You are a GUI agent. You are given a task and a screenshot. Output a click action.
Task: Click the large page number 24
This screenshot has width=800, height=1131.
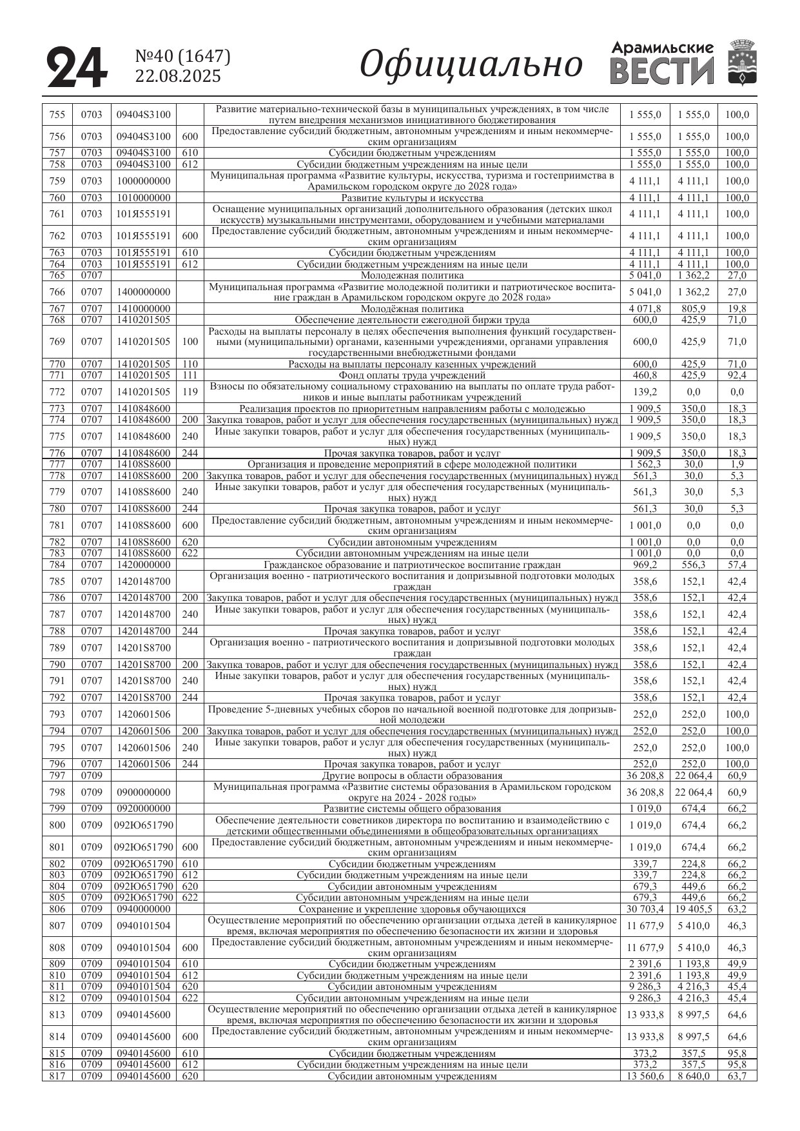click(77, 67)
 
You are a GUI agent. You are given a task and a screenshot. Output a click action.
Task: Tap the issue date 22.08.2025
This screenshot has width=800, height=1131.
click(178, 76)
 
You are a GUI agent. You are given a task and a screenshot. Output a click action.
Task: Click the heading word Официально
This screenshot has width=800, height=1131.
click(471, 65)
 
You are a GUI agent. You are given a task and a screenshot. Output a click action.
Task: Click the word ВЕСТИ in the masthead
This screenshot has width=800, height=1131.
click(661, 72)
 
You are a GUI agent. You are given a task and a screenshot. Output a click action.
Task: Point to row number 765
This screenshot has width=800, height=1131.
click(57, 275)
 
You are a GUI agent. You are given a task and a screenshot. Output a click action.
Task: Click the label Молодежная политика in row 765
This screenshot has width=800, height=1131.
click(412, 275)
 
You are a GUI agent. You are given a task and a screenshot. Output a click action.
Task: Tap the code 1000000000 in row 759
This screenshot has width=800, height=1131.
click(144, 181)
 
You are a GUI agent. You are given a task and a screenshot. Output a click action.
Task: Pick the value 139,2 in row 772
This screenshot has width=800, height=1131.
click(645, 392)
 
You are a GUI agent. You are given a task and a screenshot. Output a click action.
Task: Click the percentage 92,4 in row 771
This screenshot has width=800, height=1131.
click(736, 375)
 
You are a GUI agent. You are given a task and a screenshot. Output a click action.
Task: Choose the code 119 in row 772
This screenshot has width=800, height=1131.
click(190, 392)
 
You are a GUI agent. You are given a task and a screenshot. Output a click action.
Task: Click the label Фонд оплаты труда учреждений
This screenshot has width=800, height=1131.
click(412, 375)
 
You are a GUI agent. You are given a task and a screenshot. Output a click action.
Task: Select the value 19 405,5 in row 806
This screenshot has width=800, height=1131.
click(694, 909)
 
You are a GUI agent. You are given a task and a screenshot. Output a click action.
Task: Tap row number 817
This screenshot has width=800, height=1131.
click(57, 1076)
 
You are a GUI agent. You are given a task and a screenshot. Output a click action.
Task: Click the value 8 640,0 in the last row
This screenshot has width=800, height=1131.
click(694, 1076)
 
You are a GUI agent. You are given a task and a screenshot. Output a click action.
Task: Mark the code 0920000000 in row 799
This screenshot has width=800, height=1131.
click(144, 809)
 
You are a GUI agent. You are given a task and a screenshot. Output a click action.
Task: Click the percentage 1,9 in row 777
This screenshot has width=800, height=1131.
click(736, 464)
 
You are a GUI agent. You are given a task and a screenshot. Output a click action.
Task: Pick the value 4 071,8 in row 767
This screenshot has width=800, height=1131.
click(645, 309)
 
